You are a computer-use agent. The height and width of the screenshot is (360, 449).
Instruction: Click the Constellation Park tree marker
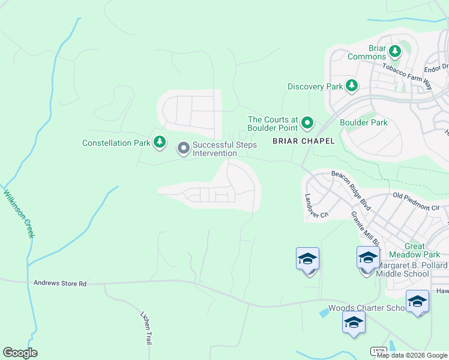click(x=159, y=143)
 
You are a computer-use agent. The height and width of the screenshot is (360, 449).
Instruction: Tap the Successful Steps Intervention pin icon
click(x=183, y=148)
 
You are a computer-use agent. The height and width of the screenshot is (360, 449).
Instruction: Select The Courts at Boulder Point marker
click(x=307, y=124)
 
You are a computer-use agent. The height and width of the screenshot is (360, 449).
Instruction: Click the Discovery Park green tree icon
click(x=352, y=86)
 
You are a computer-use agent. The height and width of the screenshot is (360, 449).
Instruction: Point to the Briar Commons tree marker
click(x=395, y=52)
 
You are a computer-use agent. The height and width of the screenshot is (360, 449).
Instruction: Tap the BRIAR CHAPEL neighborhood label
click(x=298, y=142)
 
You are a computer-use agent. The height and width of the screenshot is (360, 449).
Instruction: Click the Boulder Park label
click(x=364, y=122)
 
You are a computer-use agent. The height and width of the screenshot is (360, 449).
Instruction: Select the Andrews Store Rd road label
click(x=60, y=283)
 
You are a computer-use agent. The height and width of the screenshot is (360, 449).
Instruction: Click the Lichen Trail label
click(x=146, y=328)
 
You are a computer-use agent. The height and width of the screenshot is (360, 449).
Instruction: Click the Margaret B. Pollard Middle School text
click(x=412, y=269)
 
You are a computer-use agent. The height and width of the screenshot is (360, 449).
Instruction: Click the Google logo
click(x=20, y=353)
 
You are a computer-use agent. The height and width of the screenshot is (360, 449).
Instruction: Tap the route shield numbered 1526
click(x=378, y=351)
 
